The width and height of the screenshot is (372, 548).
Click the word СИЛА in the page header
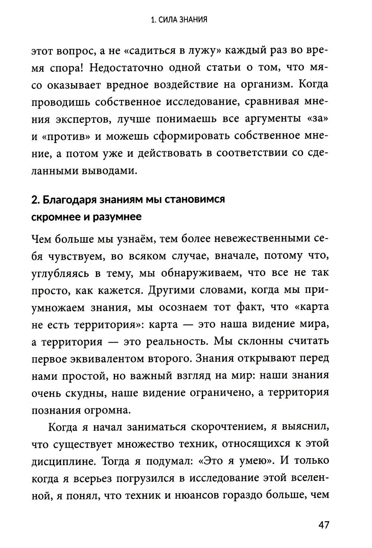(x=164, y=20)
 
